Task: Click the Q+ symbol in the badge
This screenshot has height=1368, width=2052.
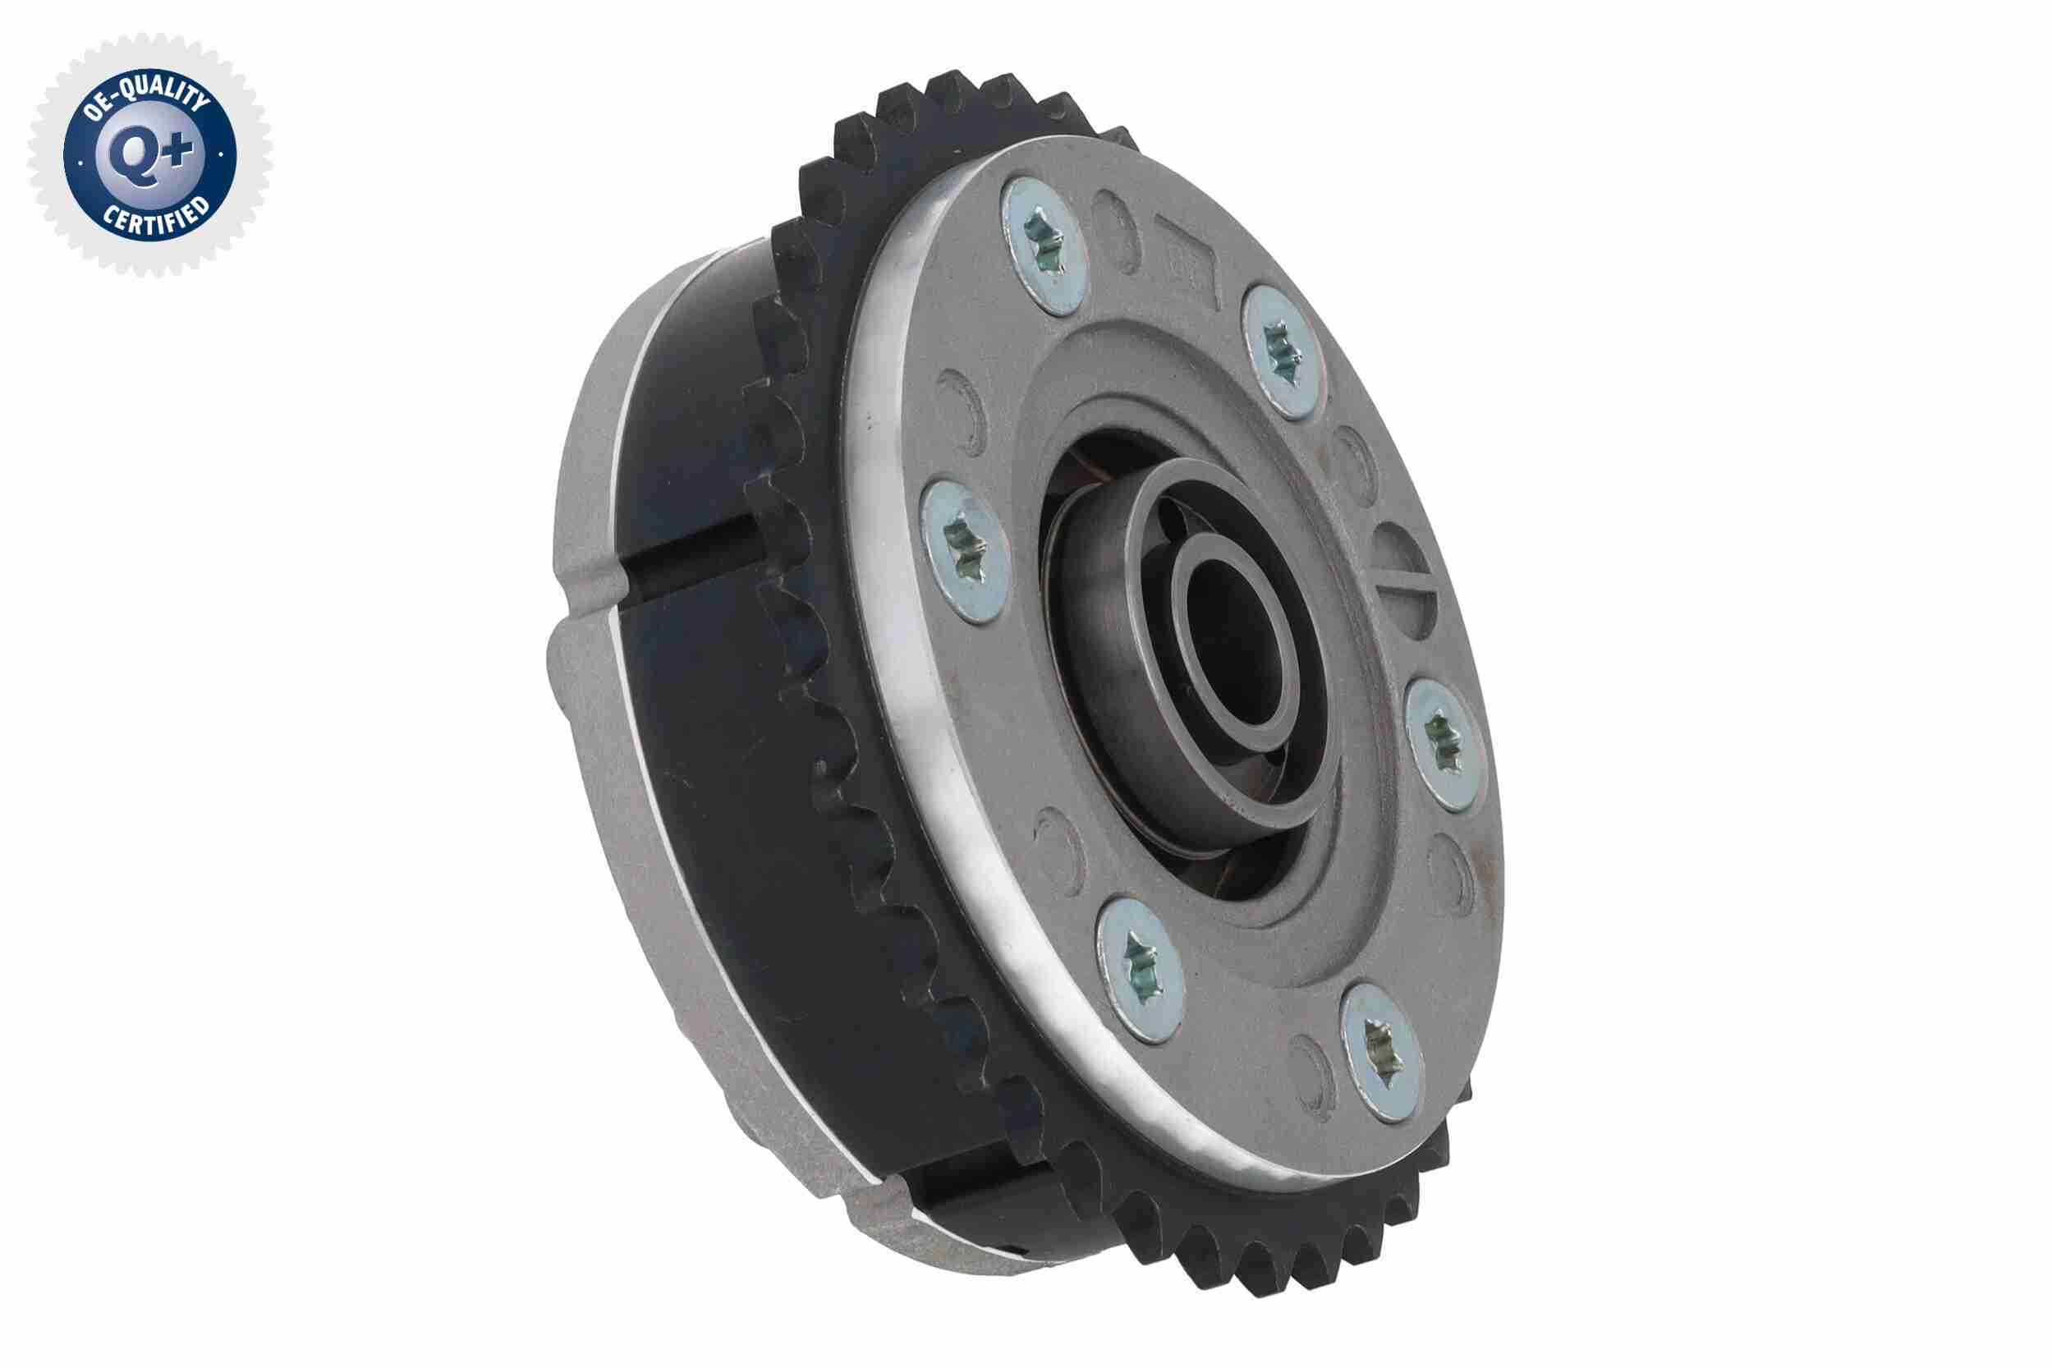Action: (150, 155)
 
